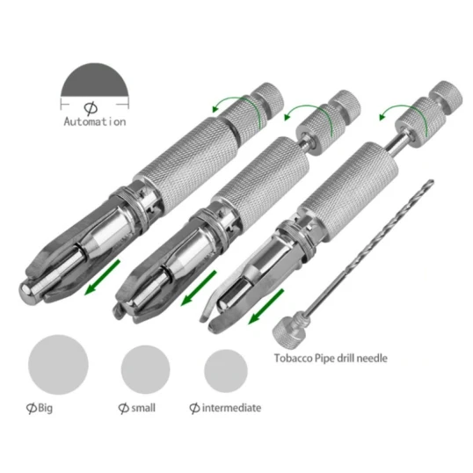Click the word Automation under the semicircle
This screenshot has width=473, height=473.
point(95,122)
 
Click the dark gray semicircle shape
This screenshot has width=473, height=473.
point(95,80)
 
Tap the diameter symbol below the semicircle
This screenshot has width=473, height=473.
point(91,109)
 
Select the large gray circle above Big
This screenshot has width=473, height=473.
point(58,364)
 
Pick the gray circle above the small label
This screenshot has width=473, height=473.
point(145,369)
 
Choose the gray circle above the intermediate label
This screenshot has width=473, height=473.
point(226,371)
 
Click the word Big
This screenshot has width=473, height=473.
point(45,408)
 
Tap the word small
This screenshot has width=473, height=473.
point(143,408)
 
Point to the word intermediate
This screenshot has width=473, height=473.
point(231,408)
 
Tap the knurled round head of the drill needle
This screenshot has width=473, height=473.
point(285,331)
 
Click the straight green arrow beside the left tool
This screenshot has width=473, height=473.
point(102,278)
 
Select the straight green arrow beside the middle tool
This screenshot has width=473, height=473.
point(199,288)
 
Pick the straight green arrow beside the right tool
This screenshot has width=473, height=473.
point(266,307)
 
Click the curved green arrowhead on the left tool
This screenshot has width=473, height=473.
point(215,108)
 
